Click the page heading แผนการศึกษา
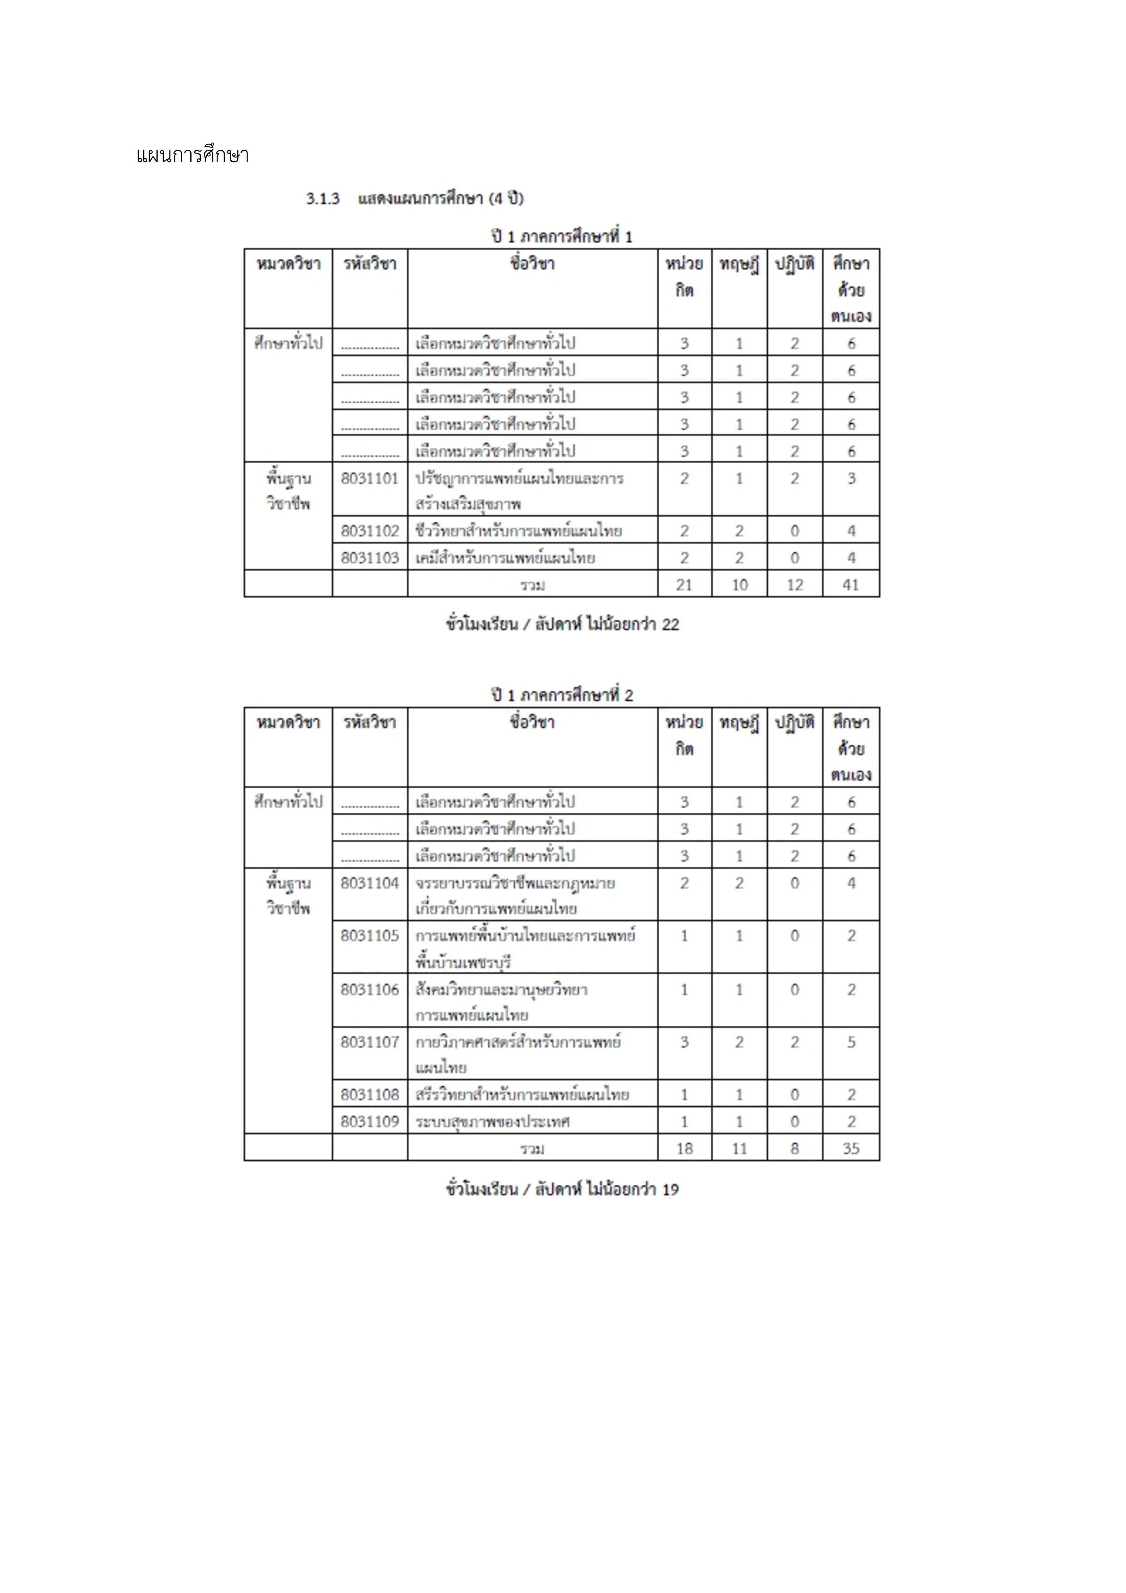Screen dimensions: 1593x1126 click(x=192, y=155)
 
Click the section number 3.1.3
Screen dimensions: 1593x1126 click(x=322, y=199)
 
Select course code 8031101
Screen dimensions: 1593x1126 click(x=370, y=478)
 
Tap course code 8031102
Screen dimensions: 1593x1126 click(x=370, y=531)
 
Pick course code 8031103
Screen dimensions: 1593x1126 click(x=370, y=558)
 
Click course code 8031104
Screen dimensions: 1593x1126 click(x=370, y=883)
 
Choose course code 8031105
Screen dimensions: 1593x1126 click(x=370, y=935)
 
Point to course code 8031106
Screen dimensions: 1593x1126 click(x=370, y=989)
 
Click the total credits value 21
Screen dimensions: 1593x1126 click(x=684, y=585)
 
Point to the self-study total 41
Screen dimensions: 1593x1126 click(x=851, y=585)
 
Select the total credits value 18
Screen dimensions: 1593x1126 click(x=684, y=1148)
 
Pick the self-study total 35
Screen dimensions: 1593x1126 click(x=851, y=1148)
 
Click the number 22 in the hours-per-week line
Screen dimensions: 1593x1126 click(x=670, y=624)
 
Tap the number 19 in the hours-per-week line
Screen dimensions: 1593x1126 click(x=670, y=1189)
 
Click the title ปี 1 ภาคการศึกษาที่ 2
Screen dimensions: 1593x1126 click(x=562, y=695)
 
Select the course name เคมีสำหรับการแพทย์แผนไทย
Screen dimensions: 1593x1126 click(x=505, y=558)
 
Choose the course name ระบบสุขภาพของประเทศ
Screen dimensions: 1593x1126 click(x=492, y=1122)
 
